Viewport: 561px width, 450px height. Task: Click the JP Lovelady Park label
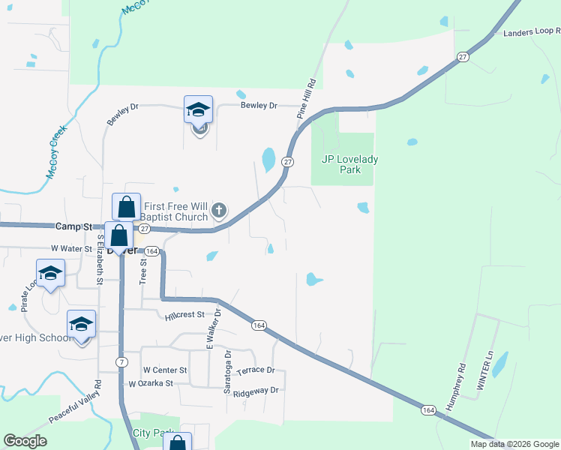[x=341, y=164]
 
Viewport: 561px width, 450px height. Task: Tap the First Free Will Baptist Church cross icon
[x=219, y=210]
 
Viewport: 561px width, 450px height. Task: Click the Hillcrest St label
[x=185, y=316]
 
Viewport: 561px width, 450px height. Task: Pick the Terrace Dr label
[x=256, y=370]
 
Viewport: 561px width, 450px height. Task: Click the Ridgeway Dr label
[x=256, y=391]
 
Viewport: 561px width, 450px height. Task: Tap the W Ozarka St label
[x=151, y=383]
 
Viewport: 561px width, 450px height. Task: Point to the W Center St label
[x=164, y=370]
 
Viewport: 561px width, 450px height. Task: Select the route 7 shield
[x=121, y=362]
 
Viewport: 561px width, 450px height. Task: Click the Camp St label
[x=73, y=226]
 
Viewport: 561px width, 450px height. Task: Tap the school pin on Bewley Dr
[x=198, y=110]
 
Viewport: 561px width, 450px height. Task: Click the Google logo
[x=25, y=441]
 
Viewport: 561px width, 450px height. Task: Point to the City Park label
[x=153, y=433]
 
